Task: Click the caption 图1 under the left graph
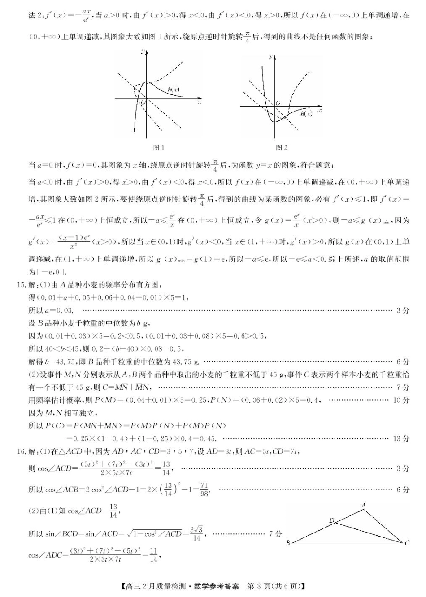[x=159, y=147]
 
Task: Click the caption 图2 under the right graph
[x=281, y=147]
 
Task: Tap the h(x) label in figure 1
[x=173, y=90]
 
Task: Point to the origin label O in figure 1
[x=143, y=103]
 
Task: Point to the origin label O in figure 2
[x=278, y=103]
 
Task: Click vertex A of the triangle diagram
[x=364, y=505]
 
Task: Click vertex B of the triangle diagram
[x=288, y=543]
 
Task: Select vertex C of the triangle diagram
[x=407, y=543]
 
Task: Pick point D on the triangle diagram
[x=332, y=520]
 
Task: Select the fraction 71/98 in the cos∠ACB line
[x=204, y=489]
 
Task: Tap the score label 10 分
[x=401, y=400]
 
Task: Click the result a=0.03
[x=57, y=310]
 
